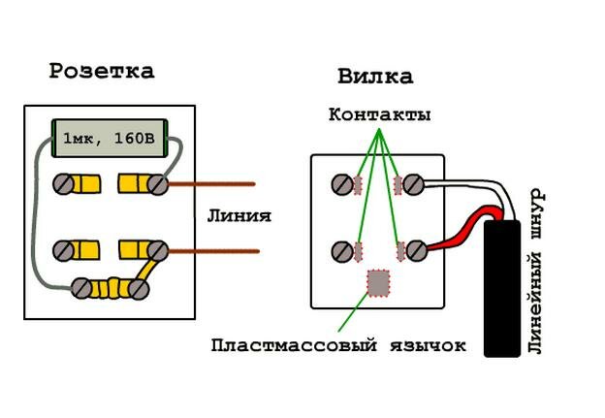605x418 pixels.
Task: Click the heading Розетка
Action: click(102, 71)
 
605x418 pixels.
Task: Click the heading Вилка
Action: click(374, 77)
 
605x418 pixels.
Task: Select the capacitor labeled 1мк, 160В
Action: click(109, 139)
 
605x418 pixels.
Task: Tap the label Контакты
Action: click(379, 114)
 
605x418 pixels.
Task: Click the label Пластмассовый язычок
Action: click(338, 344)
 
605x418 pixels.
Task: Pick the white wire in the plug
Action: click(465, 183)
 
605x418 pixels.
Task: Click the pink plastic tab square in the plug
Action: click(378, 281)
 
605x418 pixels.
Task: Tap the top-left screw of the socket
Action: click(64, 183)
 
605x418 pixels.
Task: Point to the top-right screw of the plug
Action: click(415, 183)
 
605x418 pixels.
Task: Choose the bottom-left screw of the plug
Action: click(342, 251)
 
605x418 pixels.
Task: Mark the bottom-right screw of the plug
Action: click(416, 251)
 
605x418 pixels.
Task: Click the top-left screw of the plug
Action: click(342, 183)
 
